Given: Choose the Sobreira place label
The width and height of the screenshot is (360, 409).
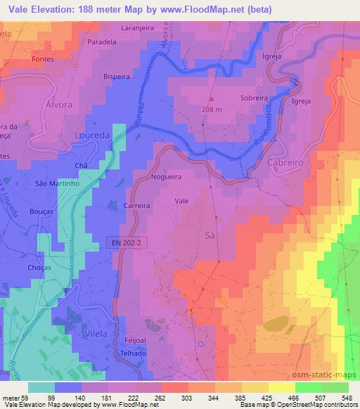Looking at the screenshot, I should (255, 99).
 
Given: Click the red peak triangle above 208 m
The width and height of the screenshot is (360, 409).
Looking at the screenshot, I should (210, 98).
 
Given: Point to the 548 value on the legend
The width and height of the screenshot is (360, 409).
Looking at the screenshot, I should (347, 396).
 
